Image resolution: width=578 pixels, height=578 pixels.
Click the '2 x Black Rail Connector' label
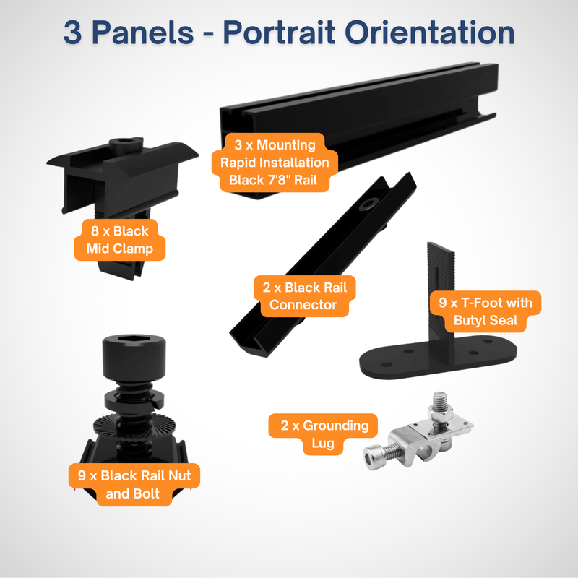point(303,296)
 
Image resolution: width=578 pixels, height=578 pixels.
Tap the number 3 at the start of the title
point(72,34)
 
